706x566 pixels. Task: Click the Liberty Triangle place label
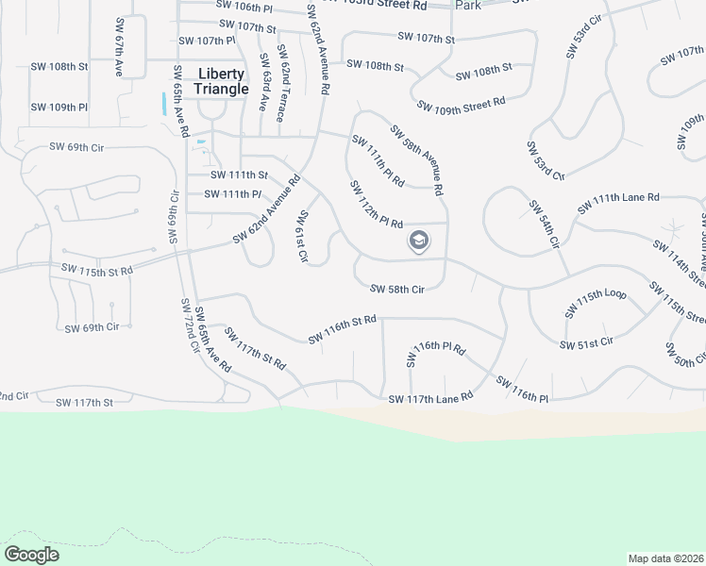223,81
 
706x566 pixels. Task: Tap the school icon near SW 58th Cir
418,241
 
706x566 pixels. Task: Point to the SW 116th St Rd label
343,329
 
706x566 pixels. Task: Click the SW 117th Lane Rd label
430,398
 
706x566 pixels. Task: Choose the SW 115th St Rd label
97,269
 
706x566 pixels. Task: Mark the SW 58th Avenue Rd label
416,161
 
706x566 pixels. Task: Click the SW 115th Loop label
596,304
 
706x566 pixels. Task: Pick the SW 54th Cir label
544,224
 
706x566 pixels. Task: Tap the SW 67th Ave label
120,46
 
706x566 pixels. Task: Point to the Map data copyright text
665,558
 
